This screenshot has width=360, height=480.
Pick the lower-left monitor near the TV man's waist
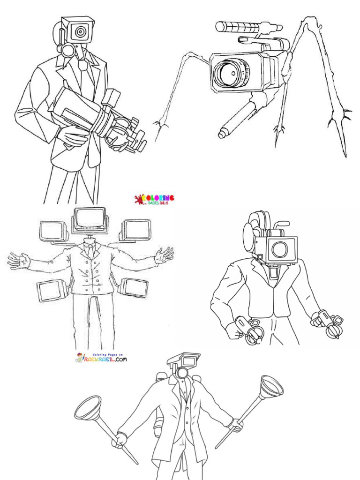coord(51,291)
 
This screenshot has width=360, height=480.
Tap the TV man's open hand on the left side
coord(18,260)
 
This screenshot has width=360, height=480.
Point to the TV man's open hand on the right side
coord(164,255)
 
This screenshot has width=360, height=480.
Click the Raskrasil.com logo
coord(101,358)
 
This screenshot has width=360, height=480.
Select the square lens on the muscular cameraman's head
coord(280,249)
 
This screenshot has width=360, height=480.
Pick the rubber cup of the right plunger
coord(271,387)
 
